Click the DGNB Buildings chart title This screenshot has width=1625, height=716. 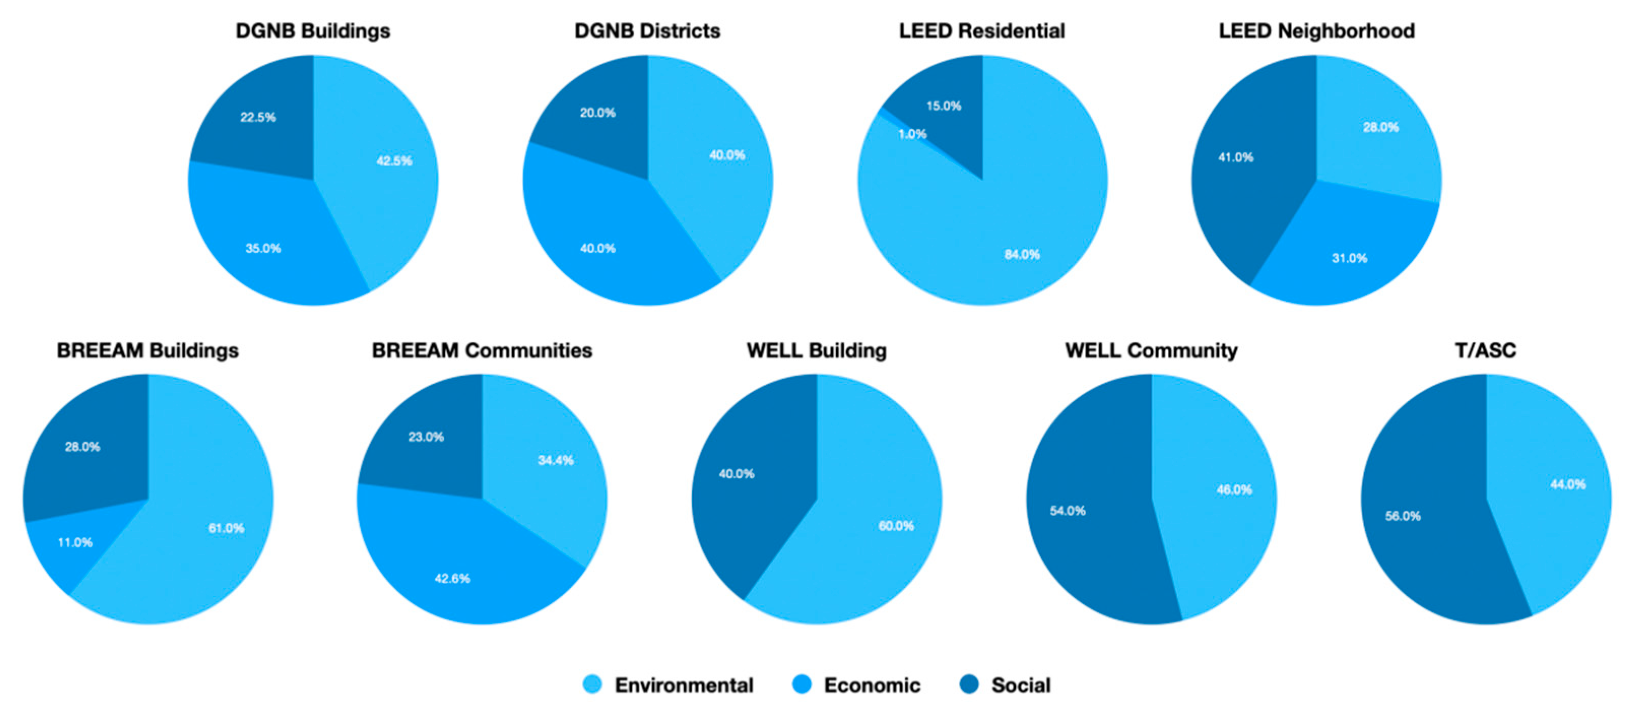tap(313, 31)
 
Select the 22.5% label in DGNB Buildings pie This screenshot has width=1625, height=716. tap(257, 117)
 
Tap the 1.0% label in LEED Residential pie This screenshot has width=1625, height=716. tap(912, 134)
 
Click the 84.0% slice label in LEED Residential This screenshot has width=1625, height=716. tap(1022, 255)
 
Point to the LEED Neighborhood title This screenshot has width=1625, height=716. tap(1316, 31)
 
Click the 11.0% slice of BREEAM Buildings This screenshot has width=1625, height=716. tap(75, 543)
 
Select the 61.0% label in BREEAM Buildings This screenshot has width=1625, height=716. tap(226, 528)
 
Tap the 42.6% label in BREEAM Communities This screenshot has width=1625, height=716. tap(452, 579)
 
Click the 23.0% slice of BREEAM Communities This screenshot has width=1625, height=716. tap(426, 437)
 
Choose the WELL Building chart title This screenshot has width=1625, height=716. tap(816, 350)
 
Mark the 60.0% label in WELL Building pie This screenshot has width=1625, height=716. tap(896, 526)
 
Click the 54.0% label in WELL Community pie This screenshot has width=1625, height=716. tap(1068, 511)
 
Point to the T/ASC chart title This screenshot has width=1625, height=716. tap(1485, 350)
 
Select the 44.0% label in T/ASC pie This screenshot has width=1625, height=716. tap(1568, 485)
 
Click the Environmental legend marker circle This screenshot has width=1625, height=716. tap(592, 685)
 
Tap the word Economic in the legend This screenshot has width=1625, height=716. tap(872, 685)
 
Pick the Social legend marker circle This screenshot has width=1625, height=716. tap(969, 685)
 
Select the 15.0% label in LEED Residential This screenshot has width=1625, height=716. tap(944, 106)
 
